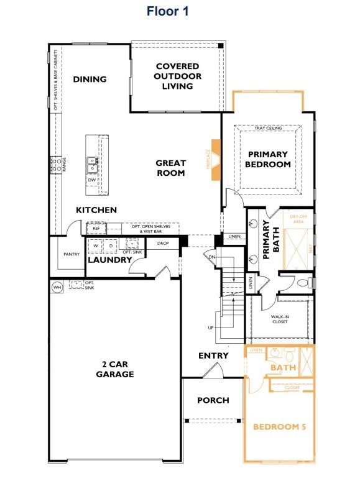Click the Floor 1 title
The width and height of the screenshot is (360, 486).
[x=167, y=11]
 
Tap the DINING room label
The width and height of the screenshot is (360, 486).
[x=90, y=79]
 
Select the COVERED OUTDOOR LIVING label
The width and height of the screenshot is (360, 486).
[x=177, y=76]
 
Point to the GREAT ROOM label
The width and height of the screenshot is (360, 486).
[x=170, y=168]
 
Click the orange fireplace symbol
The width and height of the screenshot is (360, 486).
[x=216, y=160]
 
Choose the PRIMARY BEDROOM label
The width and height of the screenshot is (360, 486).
[x=267, y=159]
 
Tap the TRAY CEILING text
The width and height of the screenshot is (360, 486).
[x=269, y=129]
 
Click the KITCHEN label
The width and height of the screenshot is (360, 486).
[x=96, y=210]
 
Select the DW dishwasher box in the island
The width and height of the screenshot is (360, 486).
[x=92, y=180]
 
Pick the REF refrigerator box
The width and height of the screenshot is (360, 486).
[x=96, y=229]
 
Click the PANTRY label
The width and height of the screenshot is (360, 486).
[x=70, y=255]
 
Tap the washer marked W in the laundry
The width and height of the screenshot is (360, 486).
[x=96, y=245]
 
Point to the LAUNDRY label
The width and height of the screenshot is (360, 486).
[x=109, y=260]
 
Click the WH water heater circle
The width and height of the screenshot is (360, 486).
[x=57, y=287]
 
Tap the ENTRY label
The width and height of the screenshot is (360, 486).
[x=213, y=355]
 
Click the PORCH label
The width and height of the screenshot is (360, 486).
[x=213, y=400]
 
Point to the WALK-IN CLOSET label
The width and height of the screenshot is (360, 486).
[x=280, y=319]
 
